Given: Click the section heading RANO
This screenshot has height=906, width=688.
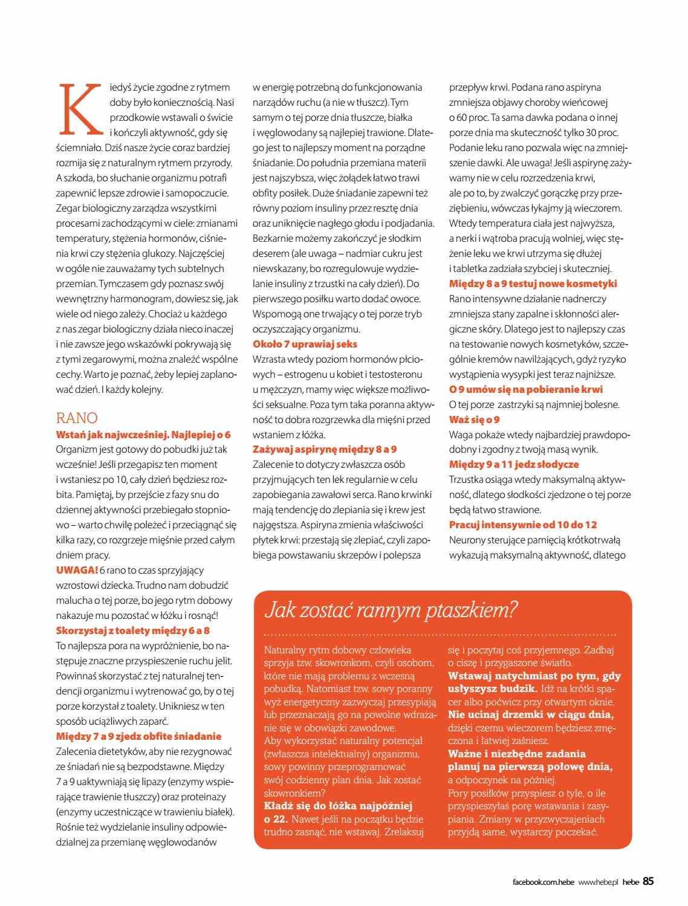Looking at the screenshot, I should tap(77, 418).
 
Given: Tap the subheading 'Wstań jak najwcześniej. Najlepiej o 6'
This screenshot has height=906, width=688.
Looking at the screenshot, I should tap(143, 435).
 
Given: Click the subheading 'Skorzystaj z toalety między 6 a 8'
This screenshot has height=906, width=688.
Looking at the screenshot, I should tap(133, 630).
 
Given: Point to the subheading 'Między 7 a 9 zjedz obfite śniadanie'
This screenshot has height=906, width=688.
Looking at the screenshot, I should tap(138, 736).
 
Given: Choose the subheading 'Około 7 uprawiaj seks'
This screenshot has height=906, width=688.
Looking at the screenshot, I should tap(305, 344).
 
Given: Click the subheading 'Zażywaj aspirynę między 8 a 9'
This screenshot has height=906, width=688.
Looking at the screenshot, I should tap(325, 449).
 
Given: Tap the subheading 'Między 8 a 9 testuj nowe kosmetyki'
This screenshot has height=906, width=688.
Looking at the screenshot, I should tap(533, 283).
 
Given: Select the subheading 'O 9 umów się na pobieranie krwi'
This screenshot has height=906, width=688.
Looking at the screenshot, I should tap(526, 389).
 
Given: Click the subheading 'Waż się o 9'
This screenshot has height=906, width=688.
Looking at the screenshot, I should tap(475, 419).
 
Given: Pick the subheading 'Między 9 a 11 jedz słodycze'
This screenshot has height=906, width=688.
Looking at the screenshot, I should tap(514, 464).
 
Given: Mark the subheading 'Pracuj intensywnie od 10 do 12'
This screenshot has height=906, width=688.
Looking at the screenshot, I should tap(523, 525).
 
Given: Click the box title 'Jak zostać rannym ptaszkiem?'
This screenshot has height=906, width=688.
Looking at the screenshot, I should tap(391, 610).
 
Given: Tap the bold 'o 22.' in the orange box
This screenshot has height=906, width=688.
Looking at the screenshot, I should tap(277, 819).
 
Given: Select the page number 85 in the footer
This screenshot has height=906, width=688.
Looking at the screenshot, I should tap(648, 881).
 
